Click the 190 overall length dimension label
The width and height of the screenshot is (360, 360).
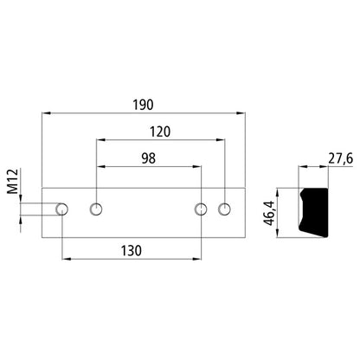coord(144,105)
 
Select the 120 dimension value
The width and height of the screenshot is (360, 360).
coord(159,132)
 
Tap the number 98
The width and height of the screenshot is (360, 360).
coord(148,159)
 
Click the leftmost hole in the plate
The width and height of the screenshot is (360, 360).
coord(63,209)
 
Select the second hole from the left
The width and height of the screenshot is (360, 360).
coord(96,209)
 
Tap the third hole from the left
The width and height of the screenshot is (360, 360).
coord(201,209)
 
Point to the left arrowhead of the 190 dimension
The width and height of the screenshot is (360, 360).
coord(45,113)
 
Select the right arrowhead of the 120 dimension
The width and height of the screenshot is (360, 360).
coord(222,141)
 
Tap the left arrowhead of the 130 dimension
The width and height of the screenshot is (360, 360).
coord(67,258)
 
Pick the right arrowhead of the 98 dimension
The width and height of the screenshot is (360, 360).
coord(198,168)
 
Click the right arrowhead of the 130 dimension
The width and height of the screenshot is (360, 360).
coord(198,258)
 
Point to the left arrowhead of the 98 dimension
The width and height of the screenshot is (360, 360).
coord(100,168)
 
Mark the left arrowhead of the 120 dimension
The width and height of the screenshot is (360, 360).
coord(100,141)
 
